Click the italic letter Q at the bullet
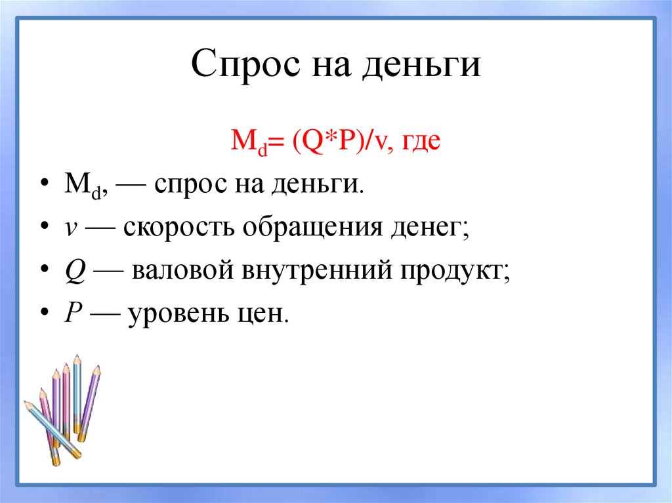click(73, 271)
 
